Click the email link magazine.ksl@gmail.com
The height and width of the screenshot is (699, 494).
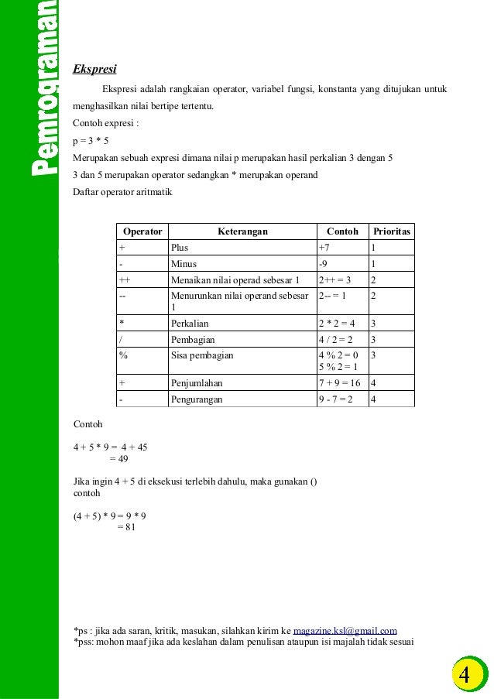(345, 631)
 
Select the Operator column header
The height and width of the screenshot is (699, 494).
(142, 231)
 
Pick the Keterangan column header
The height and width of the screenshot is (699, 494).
(242, 231)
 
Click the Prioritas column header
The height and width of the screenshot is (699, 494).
(392, 231)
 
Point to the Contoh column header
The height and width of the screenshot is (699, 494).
(342, 231)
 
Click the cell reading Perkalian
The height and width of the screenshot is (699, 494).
(190, 324)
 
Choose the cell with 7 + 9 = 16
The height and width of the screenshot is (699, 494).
(339, 383)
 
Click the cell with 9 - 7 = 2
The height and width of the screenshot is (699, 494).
(336, 399)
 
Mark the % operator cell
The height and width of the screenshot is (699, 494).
(123, 355)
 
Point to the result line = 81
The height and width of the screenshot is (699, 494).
(126, 527)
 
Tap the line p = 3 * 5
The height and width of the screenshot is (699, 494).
(91, 142)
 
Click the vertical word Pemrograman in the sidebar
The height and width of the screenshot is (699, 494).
(43, 89)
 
